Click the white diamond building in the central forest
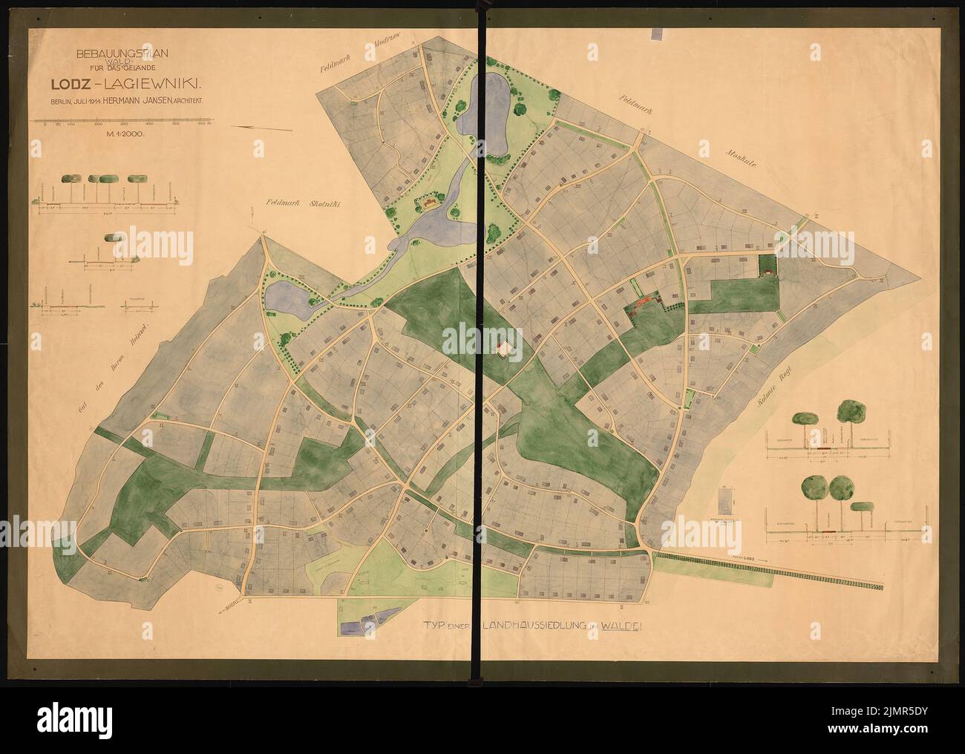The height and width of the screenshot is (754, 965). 506,348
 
